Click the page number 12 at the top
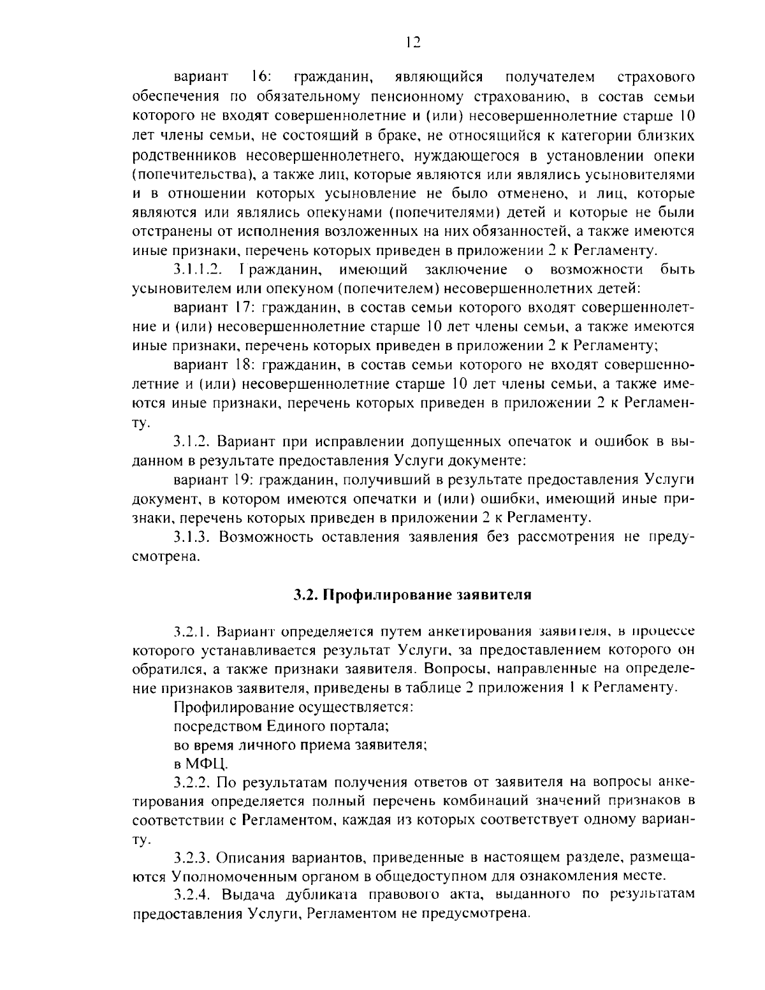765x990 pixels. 413,42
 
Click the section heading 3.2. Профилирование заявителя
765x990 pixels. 412,595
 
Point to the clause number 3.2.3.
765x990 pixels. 193,857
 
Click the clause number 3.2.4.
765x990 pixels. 193,895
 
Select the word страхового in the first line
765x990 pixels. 656,78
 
